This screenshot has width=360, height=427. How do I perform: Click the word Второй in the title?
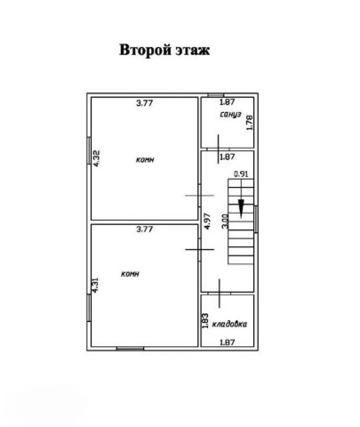pos(145,50)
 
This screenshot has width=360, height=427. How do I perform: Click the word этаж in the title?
pos(193,50)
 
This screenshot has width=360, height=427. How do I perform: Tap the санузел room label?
pos(231,114)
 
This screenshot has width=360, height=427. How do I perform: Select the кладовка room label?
pos(229,324)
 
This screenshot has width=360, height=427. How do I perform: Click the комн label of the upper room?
pos(145,159)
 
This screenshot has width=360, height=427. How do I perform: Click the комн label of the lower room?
pos(130,274)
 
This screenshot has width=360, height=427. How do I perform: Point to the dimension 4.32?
pos(97,158)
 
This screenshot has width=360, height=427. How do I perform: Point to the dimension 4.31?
pos(95,286)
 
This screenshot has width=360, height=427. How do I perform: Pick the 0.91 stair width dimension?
pos(241,173)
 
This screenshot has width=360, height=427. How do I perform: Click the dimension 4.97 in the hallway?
pos(207,222)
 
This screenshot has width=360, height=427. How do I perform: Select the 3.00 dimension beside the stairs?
pos(225,222)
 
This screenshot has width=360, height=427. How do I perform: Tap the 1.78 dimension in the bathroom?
pos(250,123)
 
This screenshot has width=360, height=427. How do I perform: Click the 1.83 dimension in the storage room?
pos(205,321)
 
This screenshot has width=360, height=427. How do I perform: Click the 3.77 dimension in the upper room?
pos(145,103)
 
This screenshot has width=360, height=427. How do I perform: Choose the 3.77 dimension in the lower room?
pos(145,230)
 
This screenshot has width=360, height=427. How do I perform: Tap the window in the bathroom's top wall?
pos(216,95)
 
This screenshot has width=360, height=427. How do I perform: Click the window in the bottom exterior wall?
pos(130,349)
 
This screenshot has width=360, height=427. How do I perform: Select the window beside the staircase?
pos(256,219)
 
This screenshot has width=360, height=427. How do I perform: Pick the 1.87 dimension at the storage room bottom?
pos(228,342)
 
